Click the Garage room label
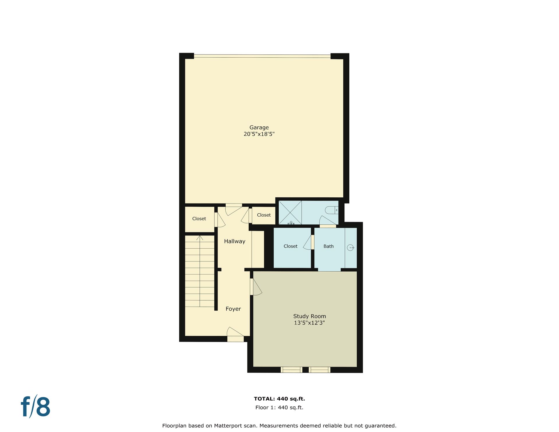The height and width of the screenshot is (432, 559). [259, 128]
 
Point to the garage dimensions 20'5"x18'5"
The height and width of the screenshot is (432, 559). [259, 134]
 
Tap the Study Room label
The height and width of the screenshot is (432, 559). [309, 316]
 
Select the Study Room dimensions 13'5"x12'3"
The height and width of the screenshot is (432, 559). [309, 323]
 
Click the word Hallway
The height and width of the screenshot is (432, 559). [235, 241]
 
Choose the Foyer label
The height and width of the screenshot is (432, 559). [233, 309]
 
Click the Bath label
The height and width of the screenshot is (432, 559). [328, 246]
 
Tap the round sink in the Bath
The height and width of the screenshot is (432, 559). [351, 248]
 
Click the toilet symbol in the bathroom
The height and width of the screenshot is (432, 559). [332, 210]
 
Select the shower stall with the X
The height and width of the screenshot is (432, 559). [290, 213]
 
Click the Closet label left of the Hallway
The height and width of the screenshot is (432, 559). [199, 219]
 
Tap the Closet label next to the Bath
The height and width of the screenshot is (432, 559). [291, 246]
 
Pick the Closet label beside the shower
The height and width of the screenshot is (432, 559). [264, 215]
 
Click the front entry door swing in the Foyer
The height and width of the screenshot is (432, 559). [235, 332]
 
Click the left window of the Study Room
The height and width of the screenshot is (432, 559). [291, 370]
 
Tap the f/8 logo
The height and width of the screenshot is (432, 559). [36, 406]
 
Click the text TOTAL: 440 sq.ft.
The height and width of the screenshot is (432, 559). [279, 399]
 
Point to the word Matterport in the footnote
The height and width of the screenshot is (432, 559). [228, 426]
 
